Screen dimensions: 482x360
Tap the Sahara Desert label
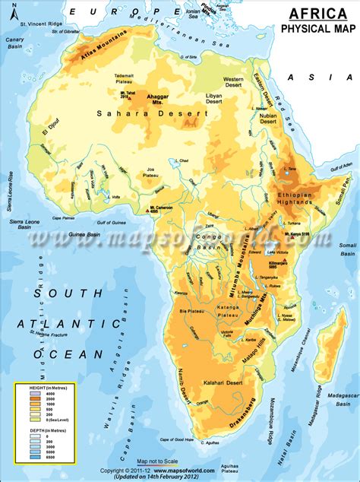pos(151,113)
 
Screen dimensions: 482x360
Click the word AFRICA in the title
pos(314,13)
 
